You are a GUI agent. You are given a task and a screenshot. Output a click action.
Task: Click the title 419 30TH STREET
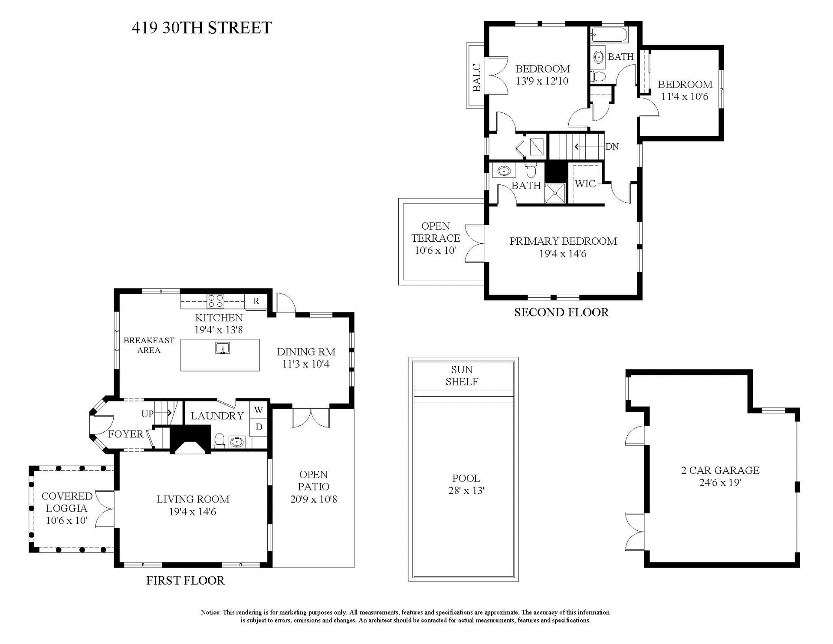tap(202, 28)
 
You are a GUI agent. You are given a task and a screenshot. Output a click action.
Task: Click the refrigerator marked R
tap(256, 301)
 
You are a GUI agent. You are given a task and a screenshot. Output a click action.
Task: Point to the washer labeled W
tap(259, 410)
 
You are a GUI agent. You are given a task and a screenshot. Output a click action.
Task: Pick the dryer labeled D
tap(259, 427)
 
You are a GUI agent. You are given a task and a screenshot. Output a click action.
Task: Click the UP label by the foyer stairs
tap(148, 414)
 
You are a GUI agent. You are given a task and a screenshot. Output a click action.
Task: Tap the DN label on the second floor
tap(612, 147)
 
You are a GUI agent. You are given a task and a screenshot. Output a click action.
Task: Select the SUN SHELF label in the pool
tap(462, 376)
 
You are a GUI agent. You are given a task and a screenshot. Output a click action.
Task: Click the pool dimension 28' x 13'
tap(466, 491)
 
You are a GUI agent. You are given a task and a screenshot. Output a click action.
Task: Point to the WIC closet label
tap(585, 184)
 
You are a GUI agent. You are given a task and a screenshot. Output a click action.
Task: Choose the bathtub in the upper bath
tap(609, 35)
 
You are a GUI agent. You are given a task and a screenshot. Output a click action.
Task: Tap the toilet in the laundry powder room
tap(219, 440)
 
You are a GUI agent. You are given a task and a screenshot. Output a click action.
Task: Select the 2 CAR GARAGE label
tap(720, 470)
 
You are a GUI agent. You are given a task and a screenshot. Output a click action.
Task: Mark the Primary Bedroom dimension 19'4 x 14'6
tap(563, 254)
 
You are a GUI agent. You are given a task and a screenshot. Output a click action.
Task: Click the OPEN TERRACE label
tap(436, 232)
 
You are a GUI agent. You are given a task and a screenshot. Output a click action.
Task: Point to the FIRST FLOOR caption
tap(185, 581)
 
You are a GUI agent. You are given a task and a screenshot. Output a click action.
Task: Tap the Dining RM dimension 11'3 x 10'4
tap(306, 364)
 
